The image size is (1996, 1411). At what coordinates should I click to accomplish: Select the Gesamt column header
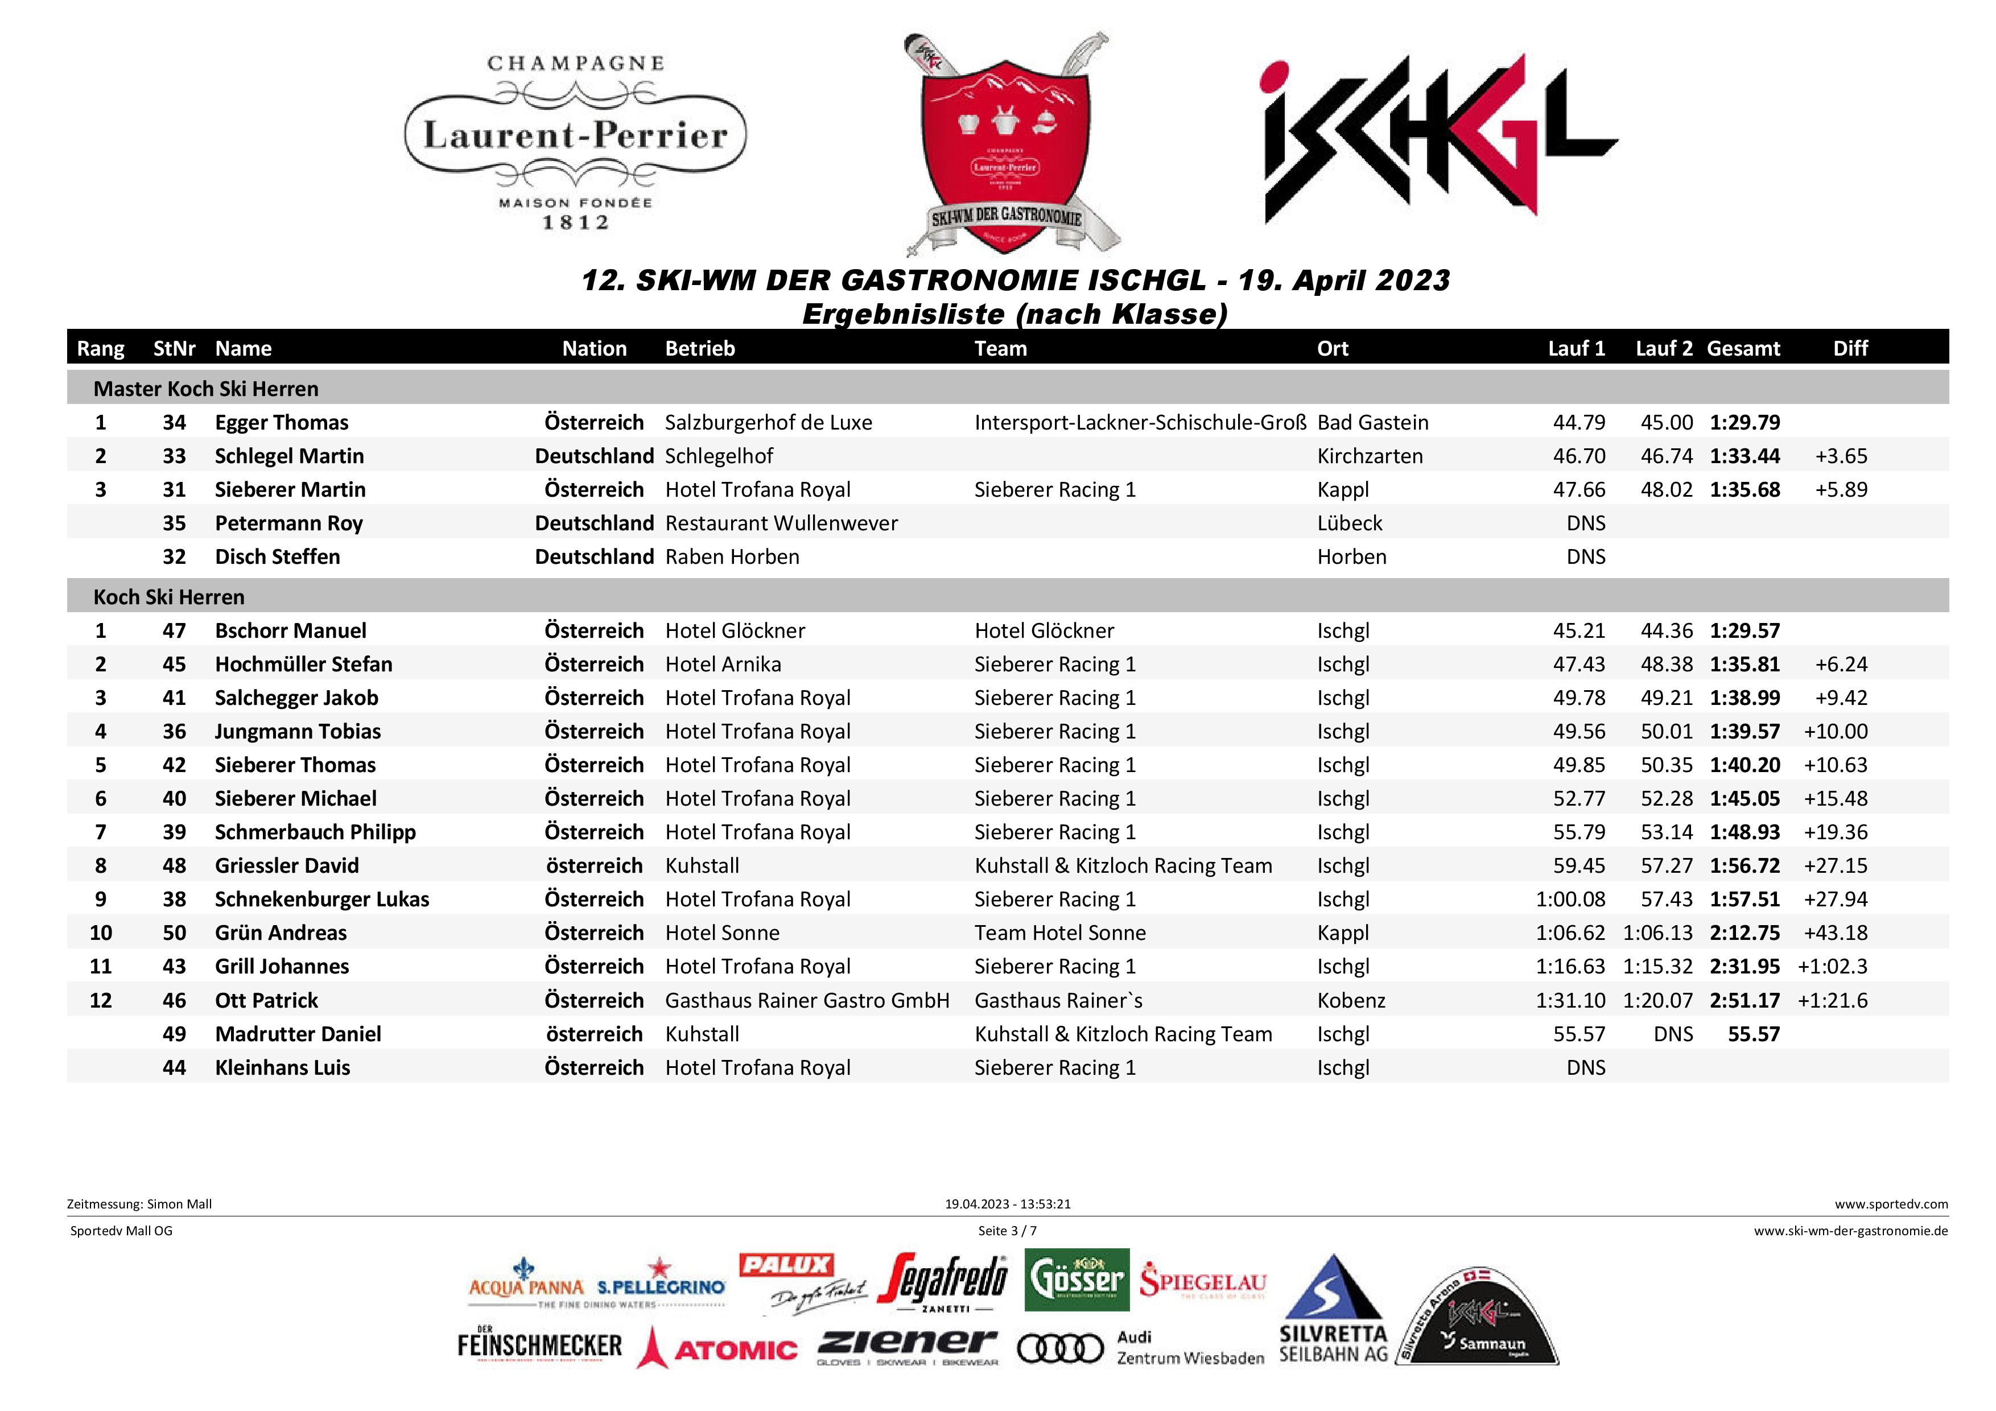pos(1743,349)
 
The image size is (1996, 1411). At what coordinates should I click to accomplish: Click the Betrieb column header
pos(700,349)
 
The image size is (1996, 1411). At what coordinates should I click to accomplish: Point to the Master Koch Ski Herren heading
pos(206,389)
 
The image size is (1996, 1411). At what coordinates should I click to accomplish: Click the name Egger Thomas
pos(282,423)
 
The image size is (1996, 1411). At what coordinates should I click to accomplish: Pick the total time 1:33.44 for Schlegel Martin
pos(1745,456)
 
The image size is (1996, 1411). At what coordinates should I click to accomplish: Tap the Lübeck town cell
pos(1349,523)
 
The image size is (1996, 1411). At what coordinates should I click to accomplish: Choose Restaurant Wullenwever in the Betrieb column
pos(781,523)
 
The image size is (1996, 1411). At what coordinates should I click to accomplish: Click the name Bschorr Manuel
pos(290,630)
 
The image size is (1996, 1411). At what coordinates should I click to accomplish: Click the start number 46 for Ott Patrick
pos(174,1001)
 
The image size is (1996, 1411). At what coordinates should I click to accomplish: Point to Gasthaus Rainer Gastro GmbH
pos(807,1001)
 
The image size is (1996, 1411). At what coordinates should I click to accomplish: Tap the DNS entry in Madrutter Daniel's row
pos(1673,1034)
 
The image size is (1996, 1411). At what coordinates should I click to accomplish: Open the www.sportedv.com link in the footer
pos(1891,1204)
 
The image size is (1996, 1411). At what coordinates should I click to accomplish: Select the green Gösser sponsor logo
pos(1077,1280)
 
